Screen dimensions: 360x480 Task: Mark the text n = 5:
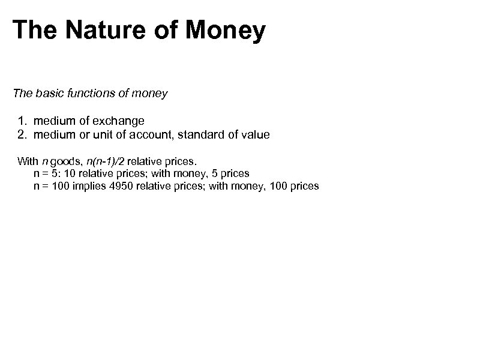click(x=47, y=174)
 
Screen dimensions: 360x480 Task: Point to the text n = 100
click(x=53, y=187)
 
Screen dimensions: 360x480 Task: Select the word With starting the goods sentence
click(x=28, y=161)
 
